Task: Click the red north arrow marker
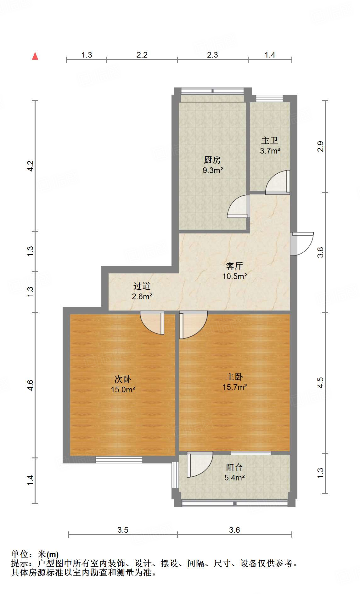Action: tap(35, 56)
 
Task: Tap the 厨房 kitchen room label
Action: tap(212, 160)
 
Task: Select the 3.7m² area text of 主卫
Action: tap(270, 151)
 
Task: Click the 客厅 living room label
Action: tap(234, 266)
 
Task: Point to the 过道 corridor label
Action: tap(142, 286)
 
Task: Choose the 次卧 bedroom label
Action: tap(123, 379)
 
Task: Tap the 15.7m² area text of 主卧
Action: tap(234, 387)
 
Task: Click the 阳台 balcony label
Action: tap(234, 468)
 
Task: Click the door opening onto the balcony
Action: tap(199, 464)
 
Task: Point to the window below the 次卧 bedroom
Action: tap(119, 460)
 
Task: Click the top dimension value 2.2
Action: tap(142, 55)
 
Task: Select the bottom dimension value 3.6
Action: tap(234, 530)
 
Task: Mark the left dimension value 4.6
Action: tap(30, 385)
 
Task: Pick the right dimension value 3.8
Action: tap(320, 252)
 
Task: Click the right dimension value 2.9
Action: tap(320, 147)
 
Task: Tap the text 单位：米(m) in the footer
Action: tap(35, 554)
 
